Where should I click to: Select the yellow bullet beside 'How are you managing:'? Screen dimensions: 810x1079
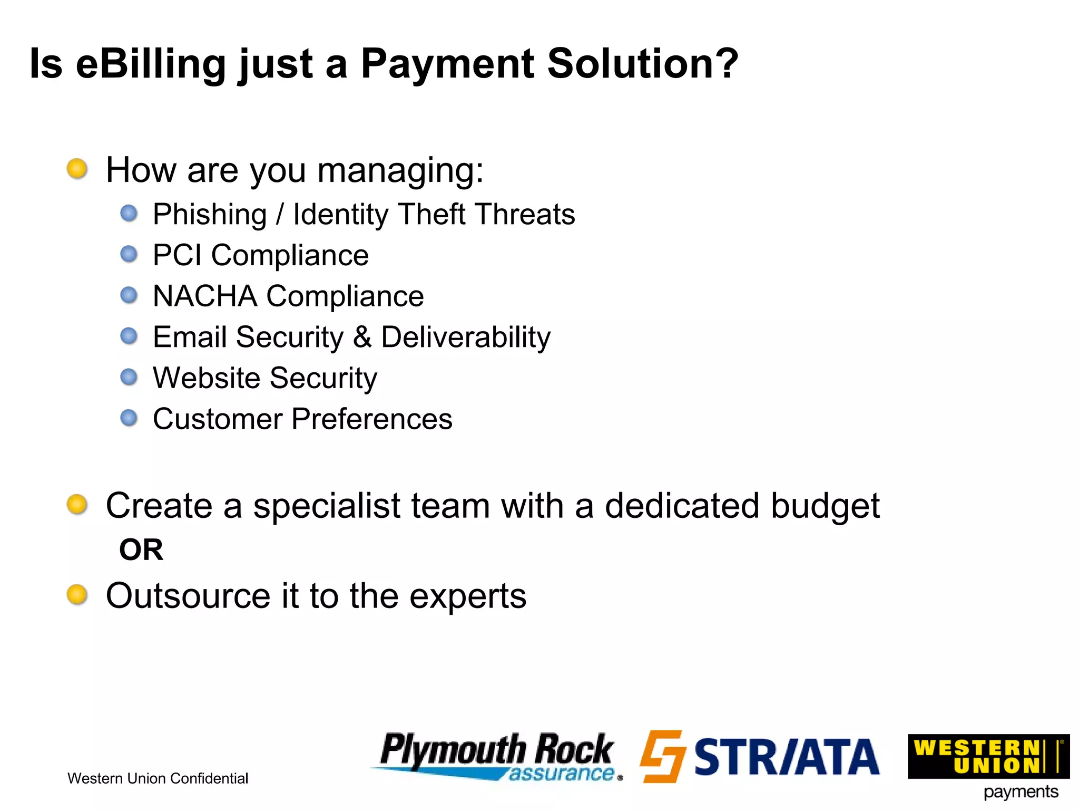(x=77, y=169)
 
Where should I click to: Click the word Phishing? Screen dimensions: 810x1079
(x=209, y=215)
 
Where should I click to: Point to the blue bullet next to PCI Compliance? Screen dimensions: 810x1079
(x=129, y=254)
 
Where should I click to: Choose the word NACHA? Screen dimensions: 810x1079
(x=204, y=296)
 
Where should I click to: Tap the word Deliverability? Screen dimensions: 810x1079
(x=465, y=337)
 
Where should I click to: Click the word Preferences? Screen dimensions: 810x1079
(x=372, y=419)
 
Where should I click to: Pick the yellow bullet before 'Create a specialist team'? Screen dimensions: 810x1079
(x=77, y=504)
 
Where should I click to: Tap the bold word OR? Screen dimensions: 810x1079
(x=141, y=550)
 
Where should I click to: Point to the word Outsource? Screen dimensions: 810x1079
(x=189, y=596)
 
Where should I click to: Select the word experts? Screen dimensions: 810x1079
(x=468, y=597)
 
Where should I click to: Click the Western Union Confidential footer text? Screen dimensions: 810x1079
(x=158, y=778)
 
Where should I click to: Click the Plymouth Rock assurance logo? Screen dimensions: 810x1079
(x=497, y=756)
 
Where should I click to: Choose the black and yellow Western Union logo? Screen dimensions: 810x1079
(x=988, y=756)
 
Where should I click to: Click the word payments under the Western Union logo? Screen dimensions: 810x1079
(x=1021, y=792)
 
